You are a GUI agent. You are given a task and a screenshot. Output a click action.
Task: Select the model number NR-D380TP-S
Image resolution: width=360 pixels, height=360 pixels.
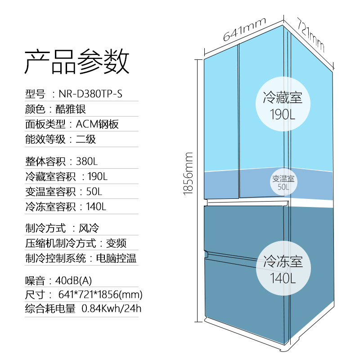pos(90,94)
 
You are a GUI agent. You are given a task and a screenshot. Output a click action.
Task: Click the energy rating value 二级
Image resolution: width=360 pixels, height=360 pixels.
pos(85,139)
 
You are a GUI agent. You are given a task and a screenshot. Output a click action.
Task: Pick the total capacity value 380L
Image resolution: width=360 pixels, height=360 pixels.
pos(87,161)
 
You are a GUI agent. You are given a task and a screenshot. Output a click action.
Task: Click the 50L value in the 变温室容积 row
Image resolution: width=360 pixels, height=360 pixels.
pos(94,191)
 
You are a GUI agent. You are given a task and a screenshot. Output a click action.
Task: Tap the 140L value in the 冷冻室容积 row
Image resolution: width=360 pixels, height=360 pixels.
pos(96,207)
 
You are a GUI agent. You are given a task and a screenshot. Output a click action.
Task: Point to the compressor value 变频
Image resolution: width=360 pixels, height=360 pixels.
pos(116,243)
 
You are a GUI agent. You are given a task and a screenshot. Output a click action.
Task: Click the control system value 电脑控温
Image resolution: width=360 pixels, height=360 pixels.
pos(116,259)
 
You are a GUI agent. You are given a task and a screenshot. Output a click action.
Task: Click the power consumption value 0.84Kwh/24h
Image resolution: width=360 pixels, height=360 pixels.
pos(111,309)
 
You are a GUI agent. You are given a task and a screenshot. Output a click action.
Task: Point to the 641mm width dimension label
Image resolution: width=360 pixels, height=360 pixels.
pos(244,30)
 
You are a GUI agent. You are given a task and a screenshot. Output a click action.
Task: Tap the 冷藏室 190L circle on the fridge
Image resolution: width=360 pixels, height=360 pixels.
pos(283,104)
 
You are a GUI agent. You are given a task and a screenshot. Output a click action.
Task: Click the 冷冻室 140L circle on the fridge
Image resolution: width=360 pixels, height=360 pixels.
pos(283,269)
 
